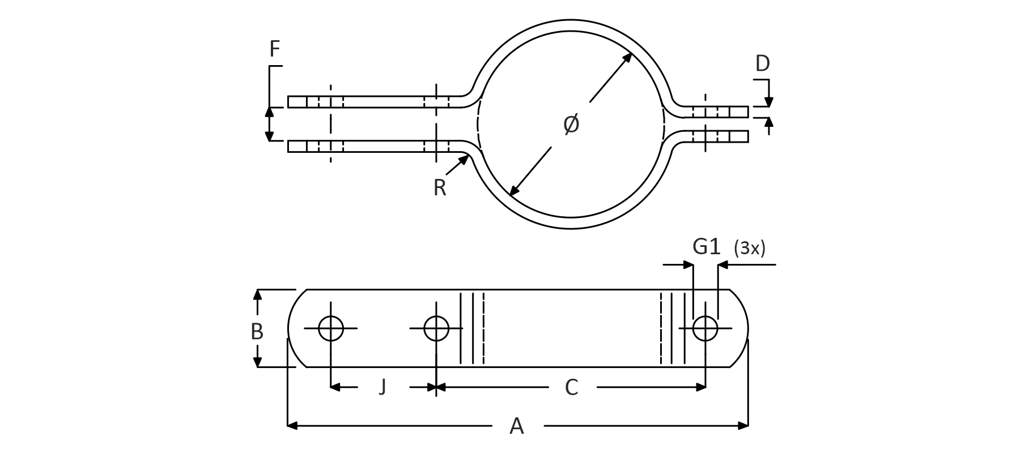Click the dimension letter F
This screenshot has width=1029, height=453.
[x=275, y=50]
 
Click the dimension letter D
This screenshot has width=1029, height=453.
[x=763, y=63]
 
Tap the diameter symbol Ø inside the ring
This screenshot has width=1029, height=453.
[x=572, y=124]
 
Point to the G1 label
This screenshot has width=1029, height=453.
[x=707, y=247]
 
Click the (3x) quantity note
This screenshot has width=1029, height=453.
[x=749, y=248]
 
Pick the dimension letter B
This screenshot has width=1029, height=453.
[x=257, y=331]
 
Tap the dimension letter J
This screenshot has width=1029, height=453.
[x=382, y=387]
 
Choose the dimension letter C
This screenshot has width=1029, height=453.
[x=572, y=387]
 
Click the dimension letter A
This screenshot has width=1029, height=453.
[x=517, y=426]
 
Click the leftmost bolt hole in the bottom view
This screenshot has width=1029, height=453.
[x=331, y=328]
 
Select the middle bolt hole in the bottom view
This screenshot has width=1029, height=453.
[x=436, y=328]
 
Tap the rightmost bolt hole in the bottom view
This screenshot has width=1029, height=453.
[x=705, y=328]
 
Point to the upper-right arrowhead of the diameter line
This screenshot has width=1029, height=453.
[x=628, y=57]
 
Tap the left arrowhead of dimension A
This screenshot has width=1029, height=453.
[x=292, y=425]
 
